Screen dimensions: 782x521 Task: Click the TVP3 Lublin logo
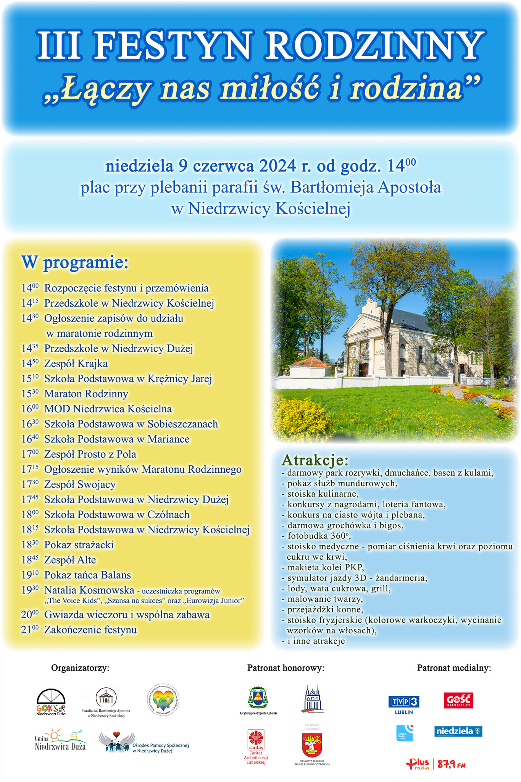404,705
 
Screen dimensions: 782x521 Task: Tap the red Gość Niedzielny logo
458,701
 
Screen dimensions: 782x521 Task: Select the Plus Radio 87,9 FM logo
436,764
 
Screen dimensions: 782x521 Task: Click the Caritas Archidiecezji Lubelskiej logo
256,746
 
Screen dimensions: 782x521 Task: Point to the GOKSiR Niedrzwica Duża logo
51,702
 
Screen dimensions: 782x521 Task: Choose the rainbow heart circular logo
163,700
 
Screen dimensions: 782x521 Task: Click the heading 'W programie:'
75,262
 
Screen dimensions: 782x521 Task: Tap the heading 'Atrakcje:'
315,460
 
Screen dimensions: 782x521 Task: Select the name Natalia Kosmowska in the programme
89,590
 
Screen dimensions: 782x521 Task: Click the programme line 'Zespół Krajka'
76,364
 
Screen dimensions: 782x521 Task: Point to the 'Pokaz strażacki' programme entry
79,544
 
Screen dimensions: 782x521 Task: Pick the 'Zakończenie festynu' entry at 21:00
90,630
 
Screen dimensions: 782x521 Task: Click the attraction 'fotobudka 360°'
319,536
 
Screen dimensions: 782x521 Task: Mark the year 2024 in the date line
277,166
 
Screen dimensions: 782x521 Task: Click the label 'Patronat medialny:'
454,668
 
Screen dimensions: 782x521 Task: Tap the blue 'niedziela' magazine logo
458,731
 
